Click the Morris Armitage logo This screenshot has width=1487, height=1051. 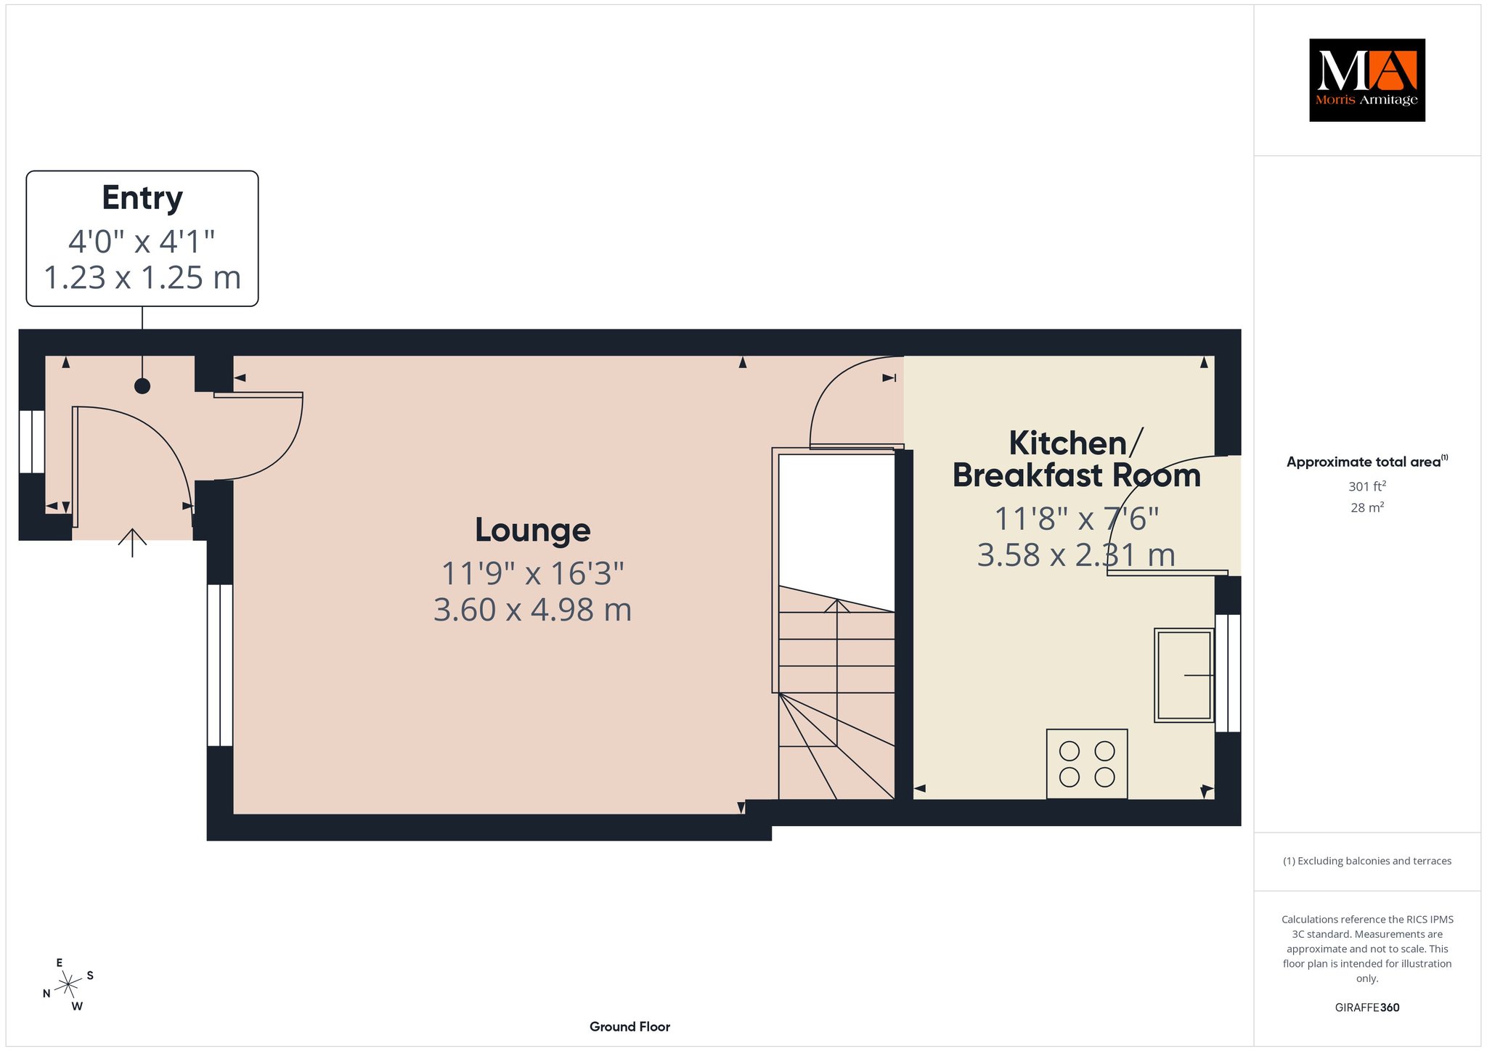point(1366,80)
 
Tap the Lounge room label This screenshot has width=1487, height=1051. point(532,530)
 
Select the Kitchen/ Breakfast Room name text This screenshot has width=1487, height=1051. point(1076,459)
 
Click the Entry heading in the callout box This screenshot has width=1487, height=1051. point(142,198)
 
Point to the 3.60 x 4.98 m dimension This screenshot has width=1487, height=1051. point(532,610)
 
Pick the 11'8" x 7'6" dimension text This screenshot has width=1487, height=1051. point(1076,519)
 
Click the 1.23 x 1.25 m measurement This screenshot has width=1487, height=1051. point(142,277)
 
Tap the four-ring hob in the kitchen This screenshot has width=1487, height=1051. point(1087,764)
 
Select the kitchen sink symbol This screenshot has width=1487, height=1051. point(1184,675)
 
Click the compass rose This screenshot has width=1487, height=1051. point(68,984)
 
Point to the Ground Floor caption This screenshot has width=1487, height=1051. point(630,1026)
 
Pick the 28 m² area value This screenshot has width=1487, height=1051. point(1367,507)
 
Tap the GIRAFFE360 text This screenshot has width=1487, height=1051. point(1367,1007)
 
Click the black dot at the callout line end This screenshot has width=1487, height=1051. point(142,386)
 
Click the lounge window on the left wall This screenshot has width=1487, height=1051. point(220,665)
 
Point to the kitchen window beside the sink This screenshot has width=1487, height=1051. point(1228,673)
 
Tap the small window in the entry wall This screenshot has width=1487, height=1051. point(32,442)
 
